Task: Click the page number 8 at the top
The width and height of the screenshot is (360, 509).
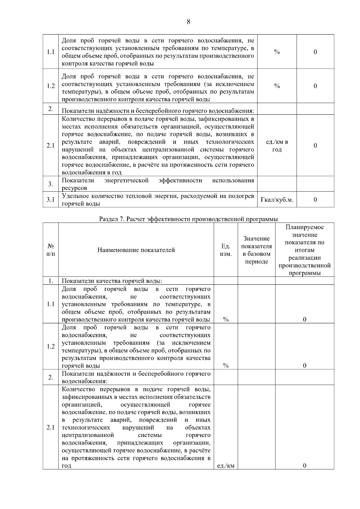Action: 188,22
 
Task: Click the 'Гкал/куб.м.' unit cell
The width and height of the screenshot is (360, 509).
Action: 277,200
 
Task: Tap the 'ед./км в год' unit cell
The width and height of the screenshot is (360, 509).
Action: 277,145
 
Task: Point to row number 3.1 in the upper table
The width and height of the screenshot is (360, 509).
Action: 50,200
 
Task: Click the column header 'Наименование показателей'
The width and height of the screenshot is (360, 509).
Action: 136,250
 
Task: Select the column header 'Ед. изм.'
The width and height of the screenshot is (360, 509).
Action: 226,250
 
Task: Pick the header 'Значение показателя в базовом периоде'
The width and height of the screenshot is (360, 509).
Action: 256,250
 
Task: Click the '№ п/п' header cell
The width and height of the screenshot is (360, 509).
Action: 50,250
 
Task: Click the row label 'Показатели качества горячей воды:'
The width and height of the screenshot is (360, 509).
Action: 112,281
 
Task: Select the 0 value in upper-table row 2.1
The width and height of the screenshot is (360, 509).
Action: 315,145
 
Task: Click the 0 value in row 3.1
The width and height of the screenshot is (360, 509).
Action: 315,200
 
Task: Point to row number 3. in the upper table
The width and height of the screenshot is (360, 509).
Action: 50,184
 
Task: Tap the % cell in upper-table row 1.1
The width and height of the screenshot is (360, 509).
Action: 277,52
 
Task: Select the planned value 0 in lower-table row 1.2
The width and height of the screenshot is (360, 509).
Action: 304,365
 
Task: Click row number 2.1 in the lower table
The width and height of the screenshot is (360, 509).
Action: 50,427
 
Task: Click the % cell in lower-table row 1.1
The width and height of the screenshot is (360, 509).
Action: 226,319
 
